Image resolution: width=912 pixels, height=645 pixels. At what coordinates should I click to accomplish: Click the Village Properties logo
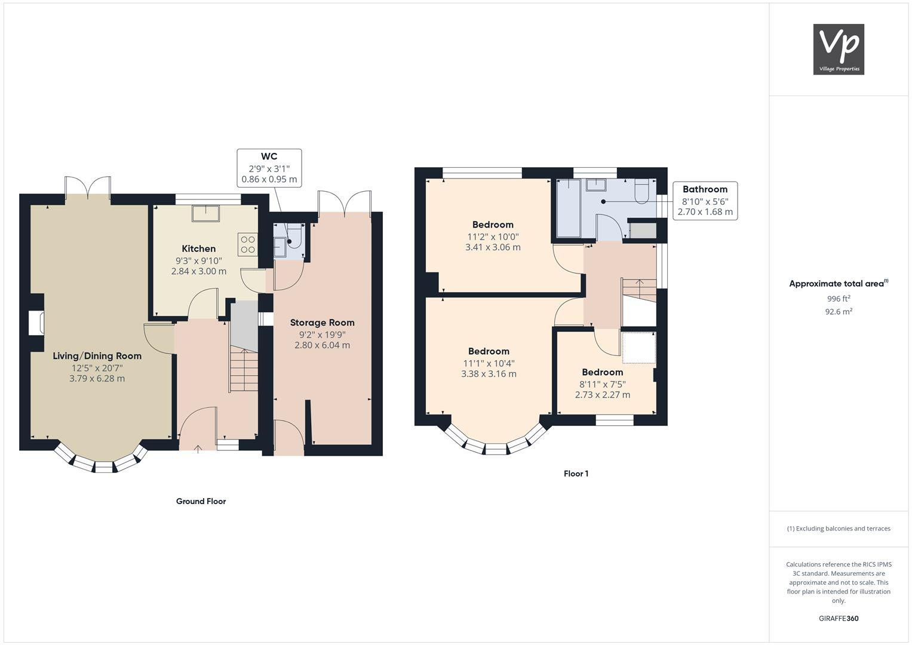tap(839, 49)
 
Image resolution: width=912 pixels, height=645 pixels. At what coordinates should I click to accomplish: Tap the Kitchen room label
tap(198, 248)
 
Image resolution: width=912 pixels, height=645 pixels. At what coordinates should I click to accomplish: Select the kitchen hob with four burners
tap(247, 244)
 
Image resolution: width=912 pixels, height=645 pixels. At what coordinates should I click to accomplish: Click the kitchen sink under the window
tap(206, 213)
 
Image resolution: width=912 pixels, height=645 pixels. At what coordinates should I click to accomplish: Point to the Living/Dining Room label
tap(97, 356)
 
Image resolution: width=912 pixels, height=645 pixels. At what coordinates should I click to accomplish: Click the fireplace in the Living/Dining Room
tap(37, 322)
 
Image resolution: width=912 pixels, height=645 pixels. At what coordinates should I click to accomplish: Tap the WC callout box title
tap(269, 157)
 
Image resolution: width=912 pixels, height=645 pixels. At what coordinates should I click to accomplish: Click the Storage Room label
tap(322, 322)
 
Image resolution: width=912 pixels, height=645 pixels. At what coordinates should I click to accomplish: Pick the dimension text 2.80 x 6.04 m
tap(322, 345)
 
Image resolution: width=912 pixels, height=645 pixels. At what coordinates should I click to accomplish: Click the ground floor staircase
tap(244, 370)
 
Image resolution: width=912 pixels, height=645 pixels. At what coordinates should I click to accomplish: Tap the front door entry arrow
tap(198, 447)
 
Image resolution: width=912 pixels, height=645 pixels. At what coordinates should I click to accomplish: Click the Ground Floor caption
tap(201, 502)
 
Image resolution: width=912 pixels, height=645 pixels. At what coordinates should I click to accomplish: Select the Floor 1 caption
tap(576, 474)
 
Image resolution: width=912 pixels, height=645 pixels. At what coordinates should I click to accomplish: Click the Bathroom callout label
tap(705, 189)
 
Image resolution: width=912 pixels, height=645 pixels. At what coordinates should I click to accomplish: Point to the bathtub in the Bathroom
tap(569, 208)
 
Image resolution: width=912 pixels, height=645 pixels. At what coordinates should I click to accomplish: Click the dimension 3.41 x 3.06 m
tap(493, 247)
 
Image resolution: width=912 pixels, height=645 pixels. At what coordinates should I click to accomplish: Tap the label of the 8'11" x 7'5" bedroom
tap(602, 372)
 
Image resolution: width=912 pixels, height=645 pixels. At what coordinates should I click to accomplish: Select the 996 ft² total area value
tap(839, 299)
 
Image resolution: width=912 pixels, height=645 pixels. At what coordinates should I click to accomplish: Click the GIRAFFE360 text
tap(839, 619)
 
